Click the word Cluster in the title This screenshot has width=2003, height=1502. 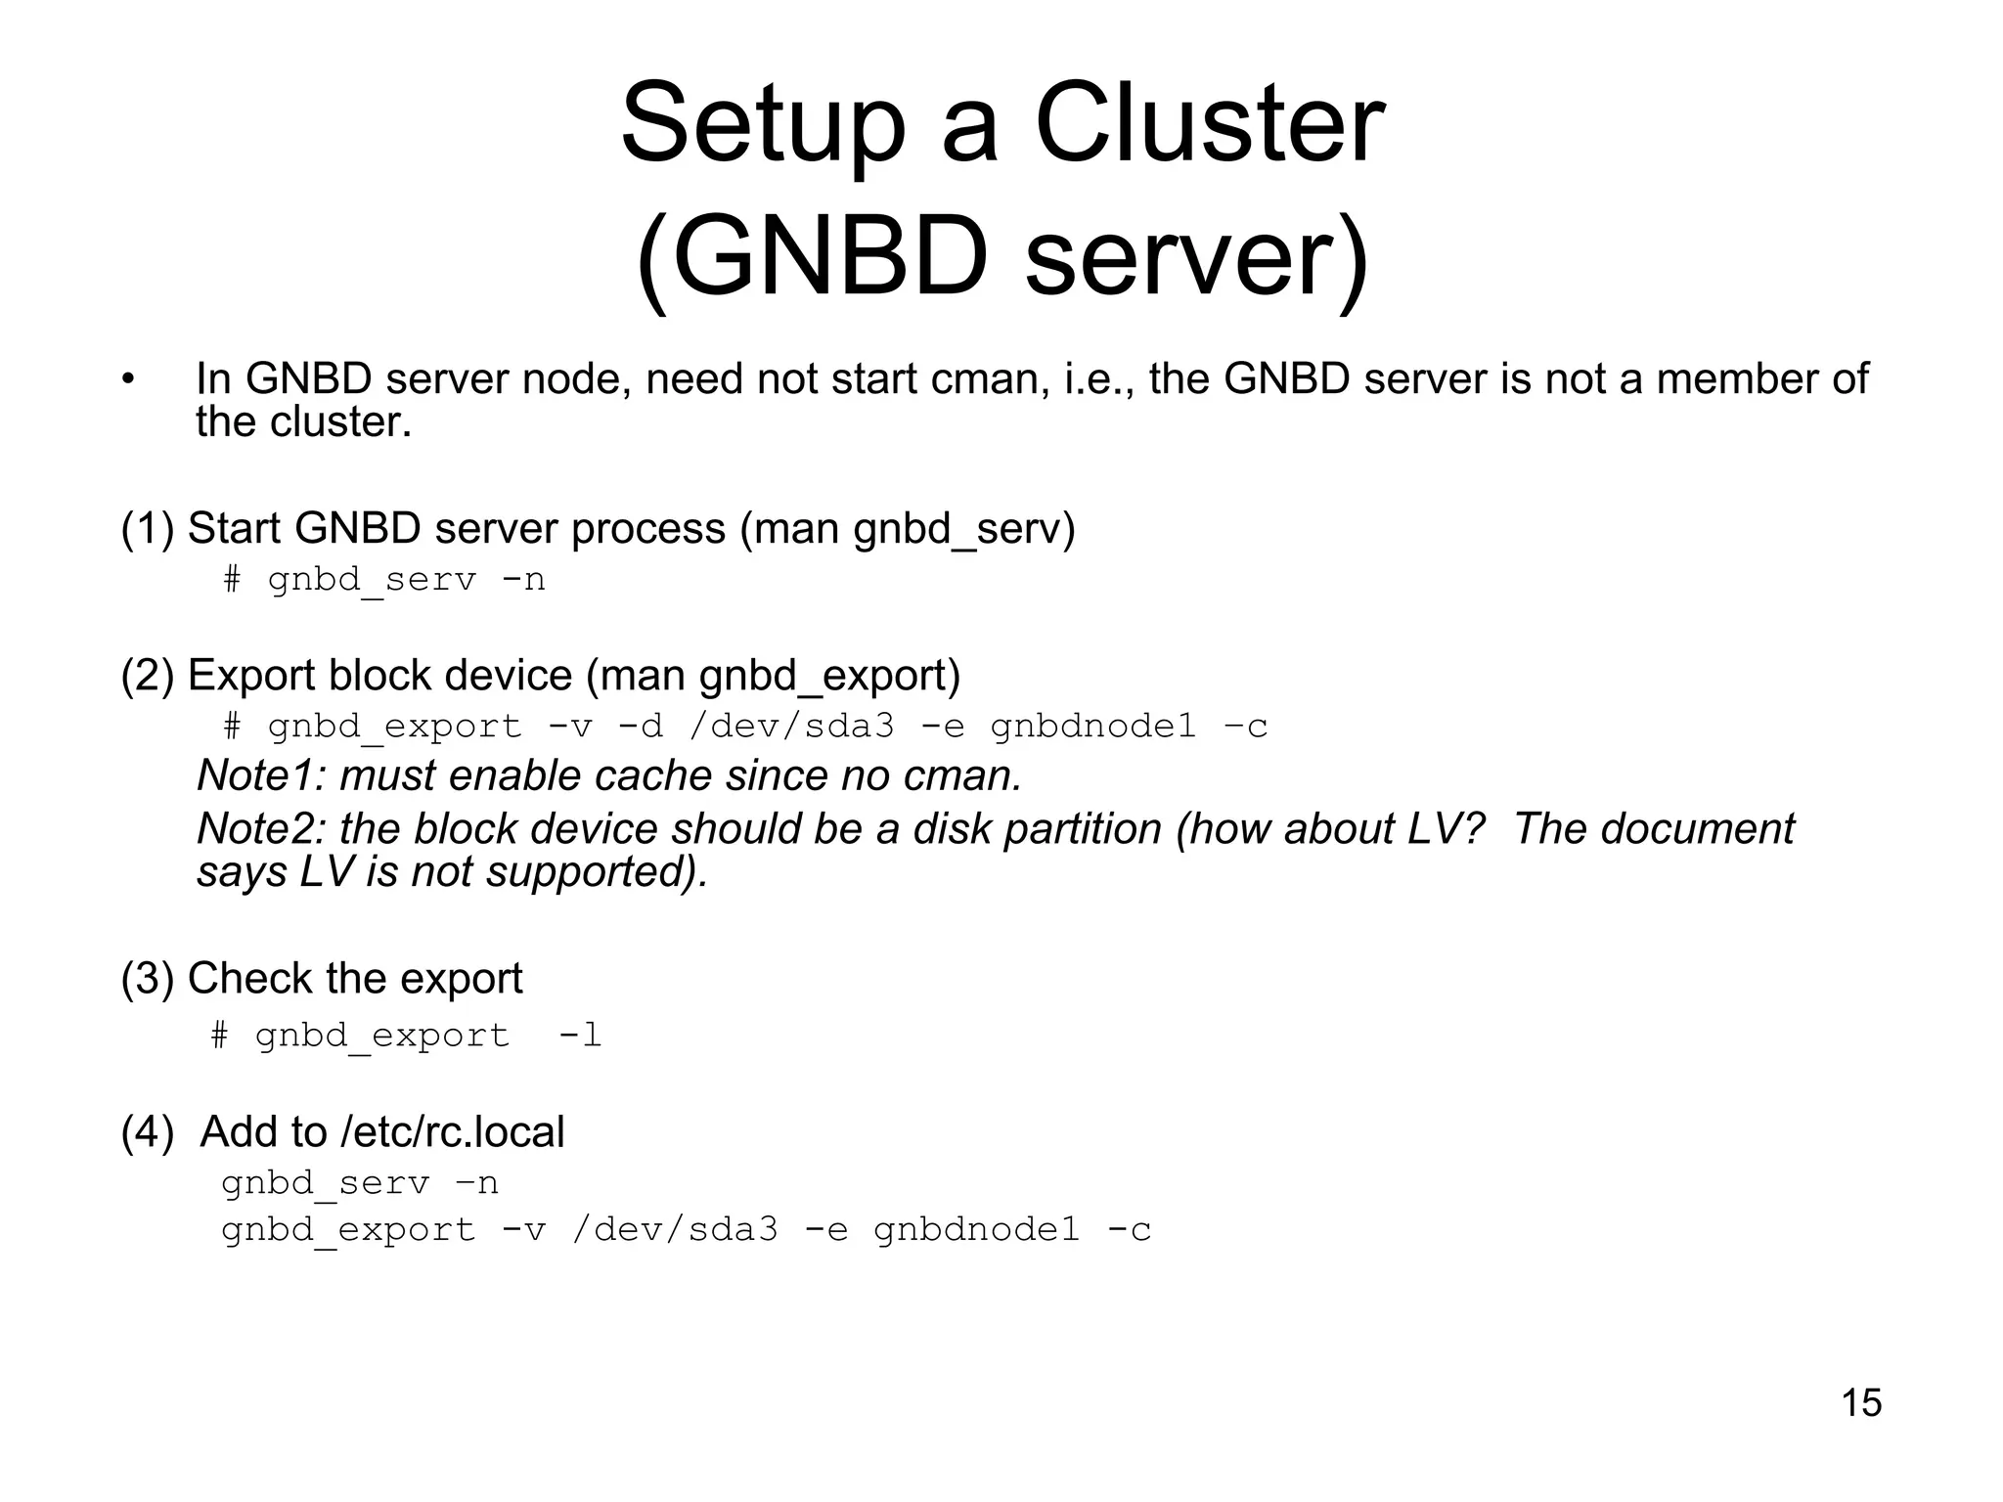point(1209,125)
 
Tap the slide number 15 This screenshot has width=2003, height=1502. point(1861,1402)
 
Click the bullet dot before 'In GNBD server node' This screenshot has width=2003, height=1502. point(127,379)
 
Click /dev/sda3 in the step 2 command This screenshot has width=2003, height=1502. point(791,727)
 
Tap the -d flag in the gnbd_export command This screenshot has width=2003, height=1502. point(641,727)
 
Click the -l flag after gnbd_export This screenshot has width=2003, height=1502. point(579,1036)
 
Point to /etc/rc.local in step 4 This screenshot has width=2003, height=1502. point(453,1132)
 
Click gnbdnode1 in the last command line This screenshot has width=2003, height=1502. point(976,1229)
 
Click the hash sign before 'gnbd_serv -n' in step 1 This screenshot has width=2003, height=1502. point(232,580)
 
